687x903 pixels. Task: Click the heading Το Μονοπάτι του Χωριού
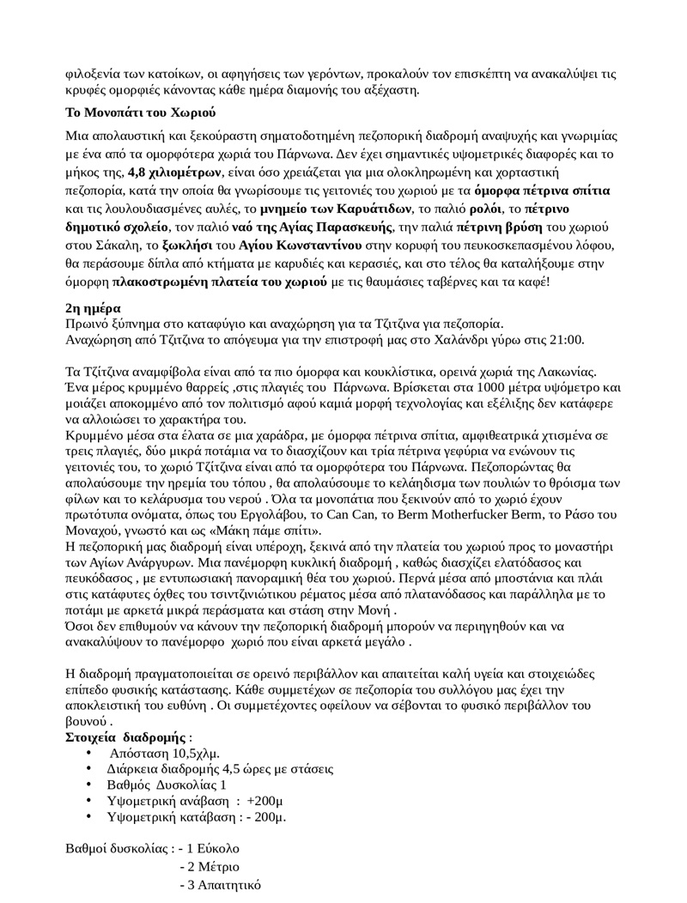click(140, 113)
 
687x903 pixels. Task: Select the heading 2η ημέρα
click(94, 307)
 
